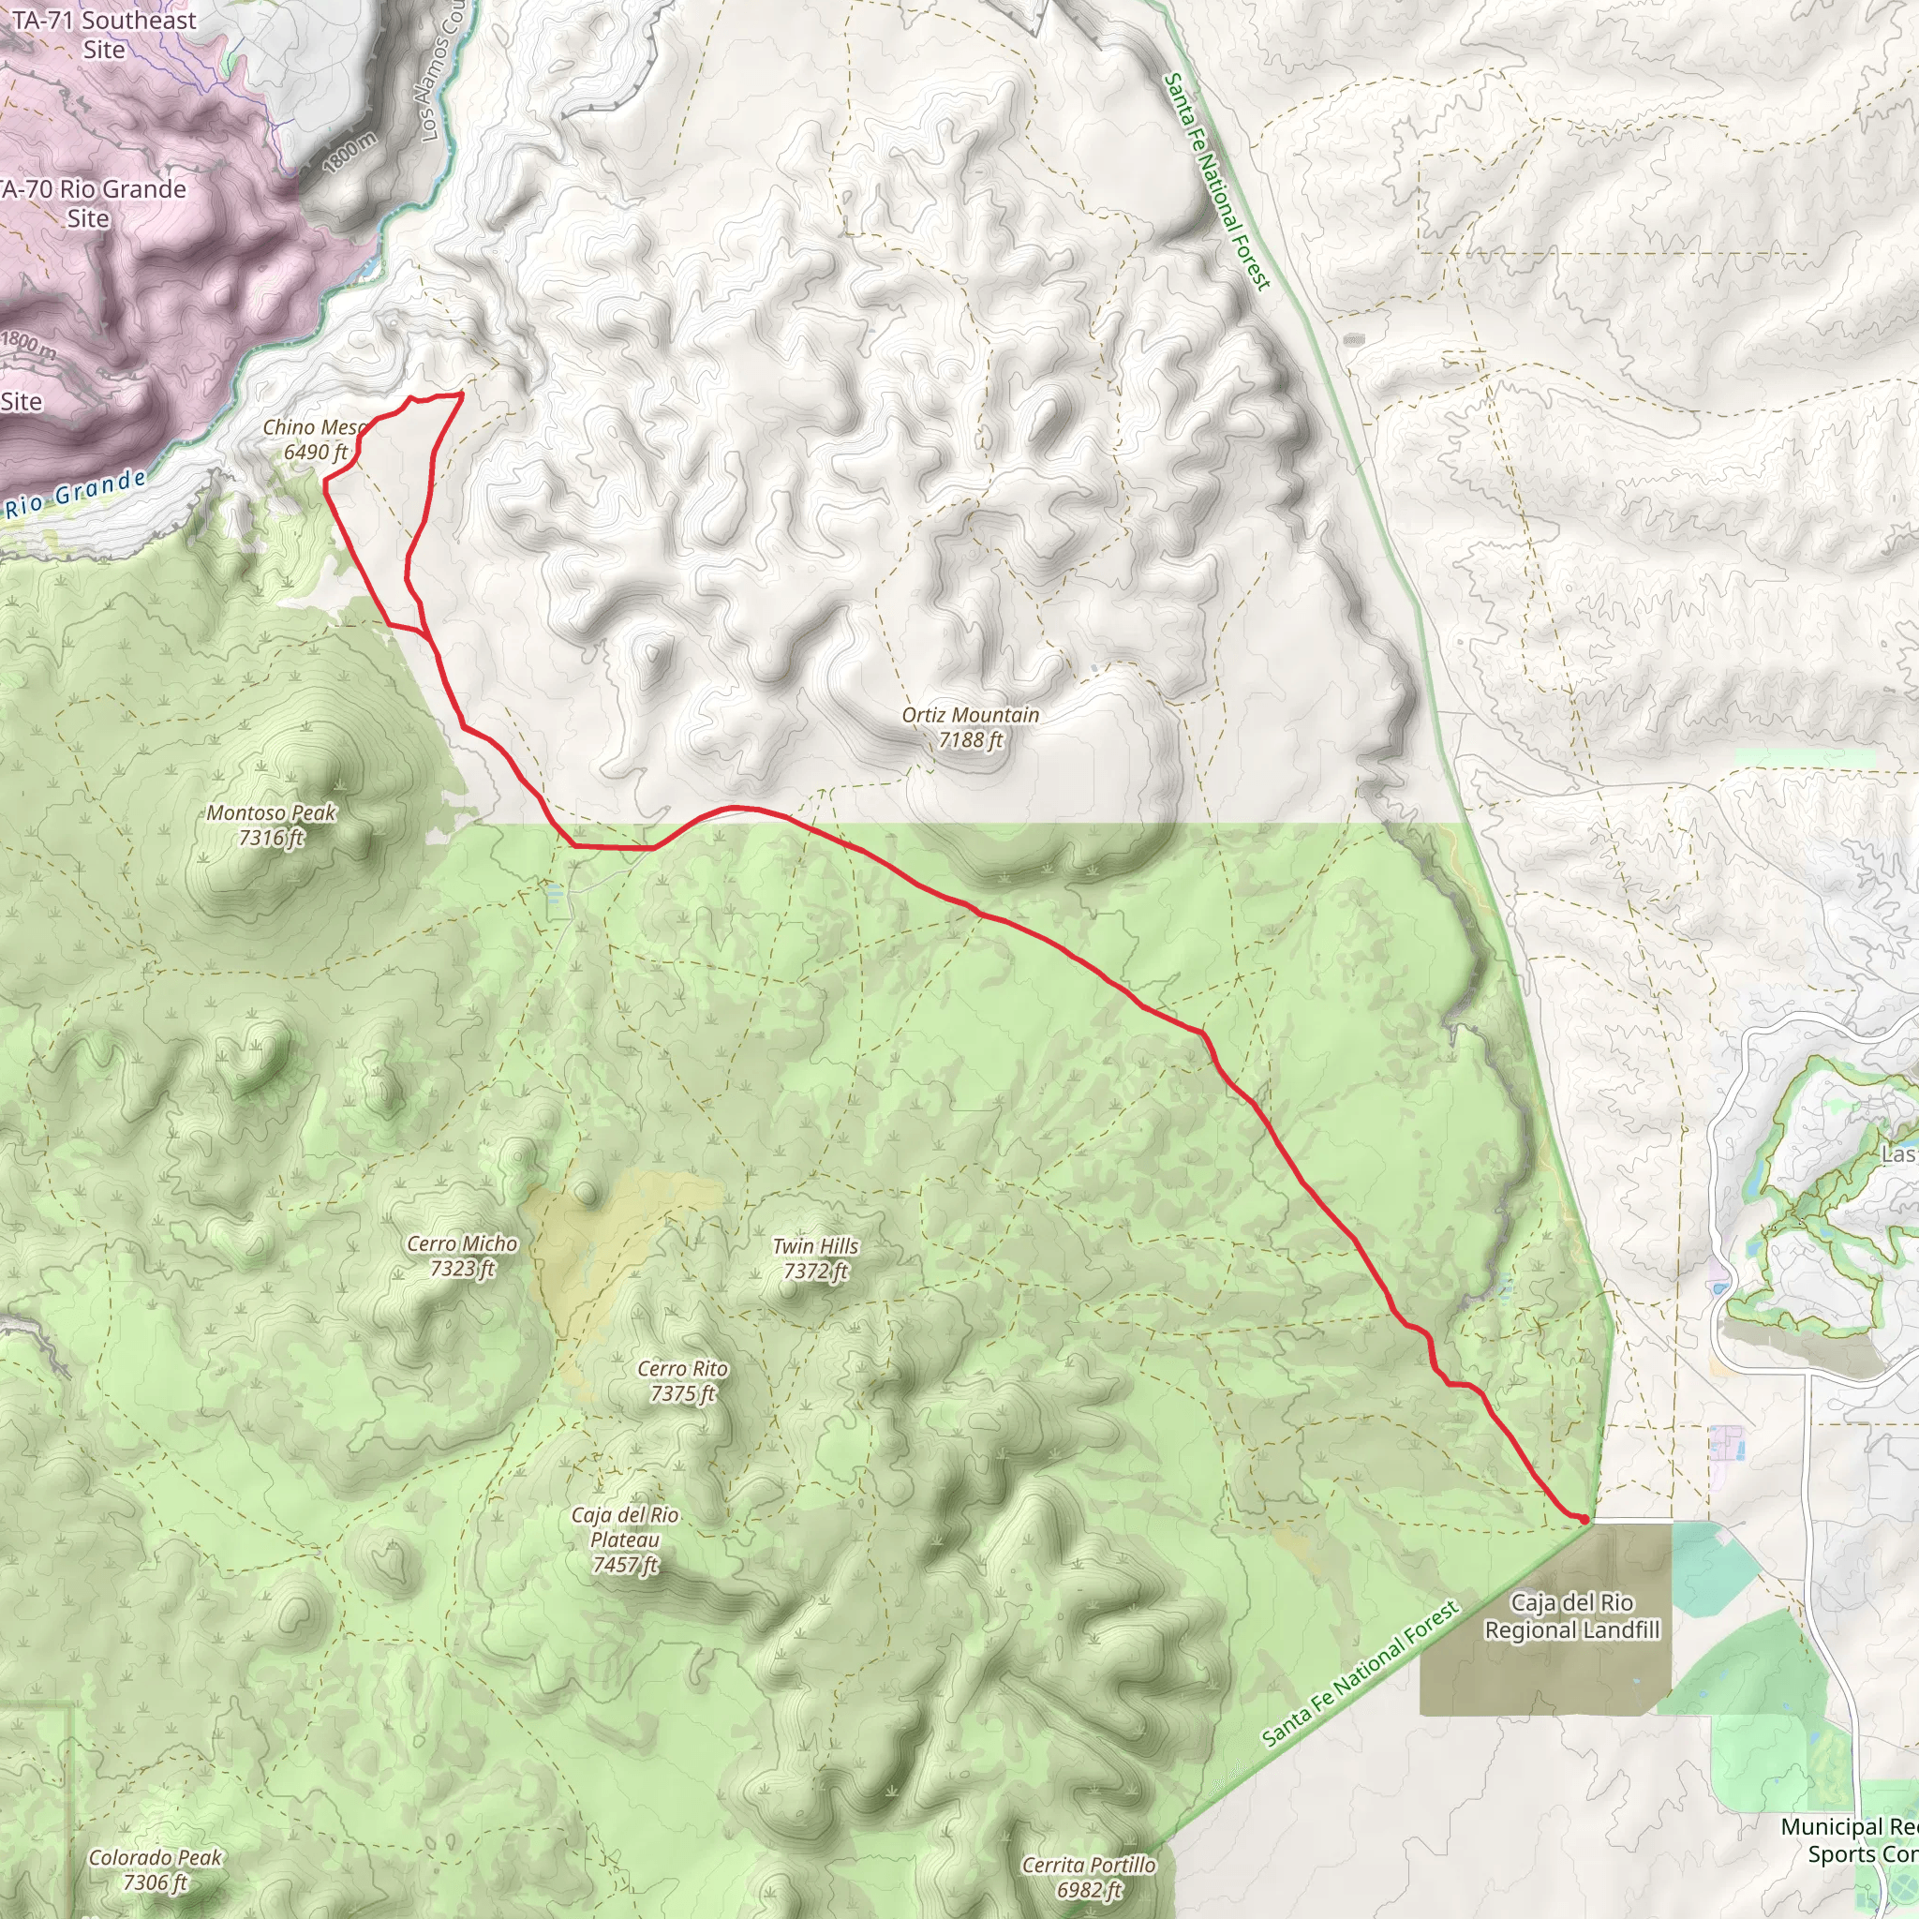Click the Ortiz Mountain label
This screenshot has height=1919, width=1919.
pyautogui.click(x=970, y=715)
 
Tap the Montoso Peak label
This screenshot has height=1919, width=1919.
pyautogui.click(x=271, y=813)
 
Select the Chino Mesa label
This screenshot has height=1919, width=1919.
pyautogui.click(x=314, y=428)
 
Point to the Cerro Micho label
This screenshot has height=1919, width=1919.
pyautogui.click(x=462, y=1243)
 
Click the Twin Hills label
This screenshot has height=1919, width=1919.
pyautogui.click(x=814, y=1245)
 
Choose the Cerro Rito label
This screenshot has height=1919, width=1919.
pyautogui.click(x=682, y=1369)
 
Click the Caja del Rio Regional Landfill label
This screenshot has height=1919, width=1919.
pyautogui.click(x=1571, y=1616)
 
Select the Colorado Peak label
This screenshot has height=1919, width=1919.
pyautogui.click(x=155, y=1857)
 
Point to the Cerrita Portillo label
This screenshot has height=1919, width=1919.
pyautogui.click(x=1089, y=1866)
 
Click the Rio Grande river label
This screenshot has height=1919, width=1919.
pyautogui.click(x=76, y=495)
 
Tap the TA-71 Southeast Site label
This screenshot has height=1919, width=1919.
pyautogui.click(x=104, y=34)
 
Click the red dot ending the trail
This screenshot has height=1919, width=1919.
pyautogui.click(x=1583, y=1519)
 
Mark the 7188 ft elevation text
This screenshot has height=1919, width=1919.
pyautogui.click(x=970, y=740)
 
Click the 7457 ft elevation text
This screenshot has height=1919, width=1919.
pyautogui.click(x=625, y=1566)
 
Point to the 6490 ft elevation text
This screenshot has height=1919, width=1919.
pyautogui.click(x=315, y=453)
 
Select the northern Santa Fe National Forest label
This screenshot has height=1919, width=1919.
pyautogui.click(x=1217, y=181)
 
